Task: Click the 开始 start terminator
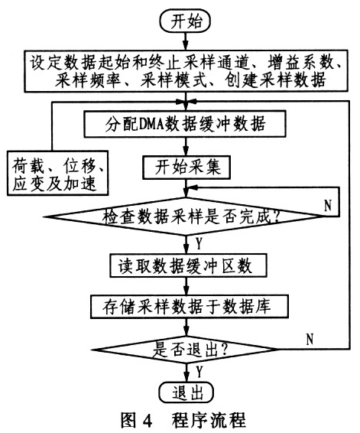185,21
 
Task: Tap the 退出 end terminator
186,393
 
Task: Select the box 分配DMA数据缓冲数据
185,124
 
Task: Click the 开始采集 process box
186,168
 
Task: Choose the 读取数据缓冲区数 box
189,265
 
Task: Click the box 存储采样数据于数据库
190,307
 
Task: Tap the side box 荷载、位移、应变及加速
57,173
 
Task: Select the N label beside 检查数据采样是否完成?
327,206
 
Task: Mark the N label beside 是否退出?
310,339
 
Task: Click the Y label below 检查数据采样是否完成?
199,243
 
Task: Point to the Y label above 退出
199,372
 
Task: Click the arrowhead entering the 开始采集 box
186,151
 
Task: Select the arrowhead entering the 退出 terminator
186,378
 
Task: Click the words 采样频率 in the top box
87,80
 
